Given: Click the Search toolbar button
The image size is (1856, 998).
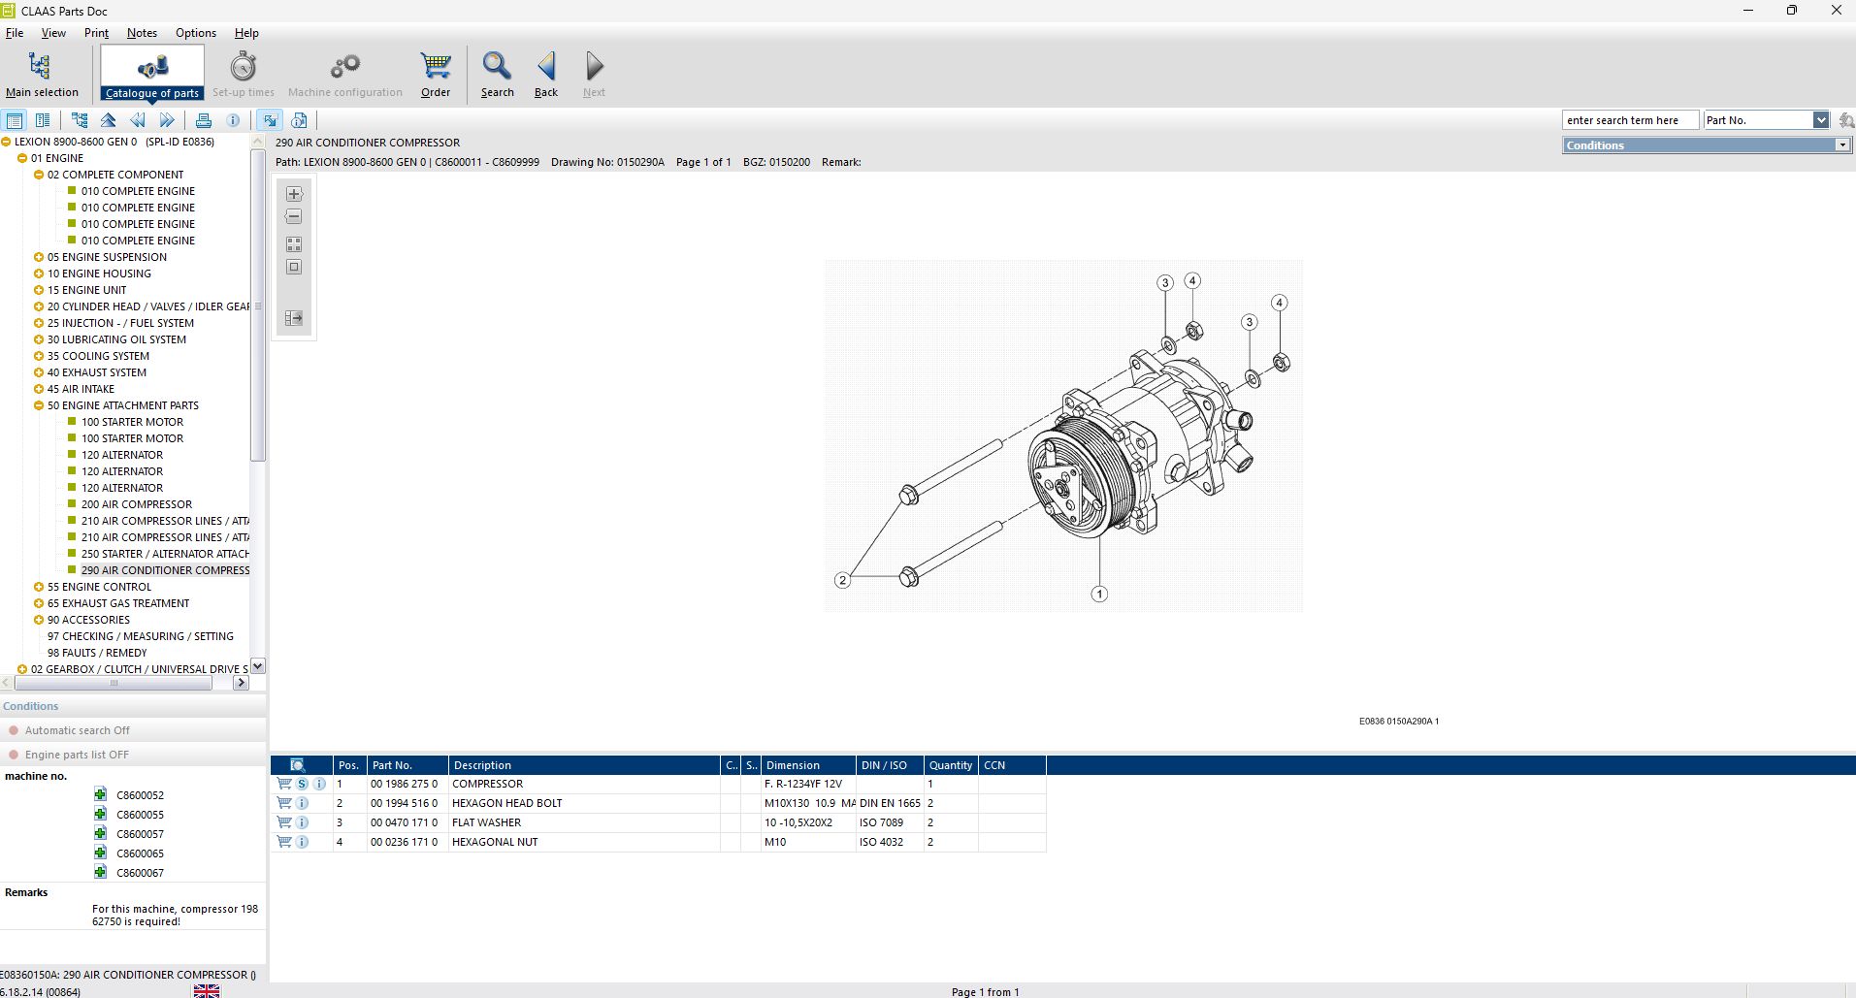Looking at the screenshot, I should click(x=497, y=75).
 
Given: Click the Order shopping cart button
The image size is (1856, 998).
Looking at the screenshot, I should click(x=436, y=75).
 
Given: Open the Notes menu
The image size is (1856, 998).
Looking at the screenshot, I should click(x=142, y=33).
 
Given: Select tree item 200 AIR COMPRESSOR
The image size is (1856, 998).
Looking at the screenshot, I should click(x=136, y=504).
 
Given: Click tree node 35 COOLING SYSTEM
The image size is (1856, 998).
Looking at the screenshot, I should click(x=98, y=356).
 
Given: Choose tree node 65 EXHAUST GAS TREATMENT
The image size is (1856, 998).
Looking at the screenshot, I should click(x=118, y=603).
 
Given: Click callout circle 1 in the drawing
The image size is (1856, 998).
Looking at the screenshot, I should click(x=1099, y=594).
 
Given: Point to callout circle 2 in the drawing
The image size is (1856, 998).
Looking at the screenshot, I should click(x=842, y=580).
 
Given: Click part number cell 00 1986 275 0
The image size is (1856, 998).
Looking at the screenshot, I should click(x=404, y=784).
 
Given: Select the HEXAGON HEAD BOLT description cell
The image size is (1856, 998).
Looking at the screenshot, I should click(x=506, y=803).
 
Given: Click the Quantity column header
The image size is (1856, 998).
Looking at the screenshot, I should click(x=950, y=765).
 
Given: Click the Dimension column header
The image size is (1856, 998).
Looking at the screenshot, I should click(x=793, y=765).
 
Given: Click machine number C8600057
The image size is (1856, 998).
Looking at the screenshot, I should click(x=140, y=834).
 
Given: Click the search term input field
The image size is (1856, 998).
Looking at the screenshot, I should click(x=1629, y=120).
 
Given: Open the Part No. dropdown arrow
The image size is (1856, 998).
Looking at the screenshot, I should click(x=1820, y=120).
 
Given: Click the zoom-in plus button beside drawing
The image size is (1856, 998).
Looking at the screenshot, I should click(x=294, y=194).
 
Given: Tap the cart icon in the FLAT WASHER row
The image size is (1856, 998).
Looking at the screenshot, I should click(x=284, y=822).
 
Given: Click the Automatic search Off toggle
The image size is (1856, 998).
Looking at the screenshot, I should click(x=77, y=730).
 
